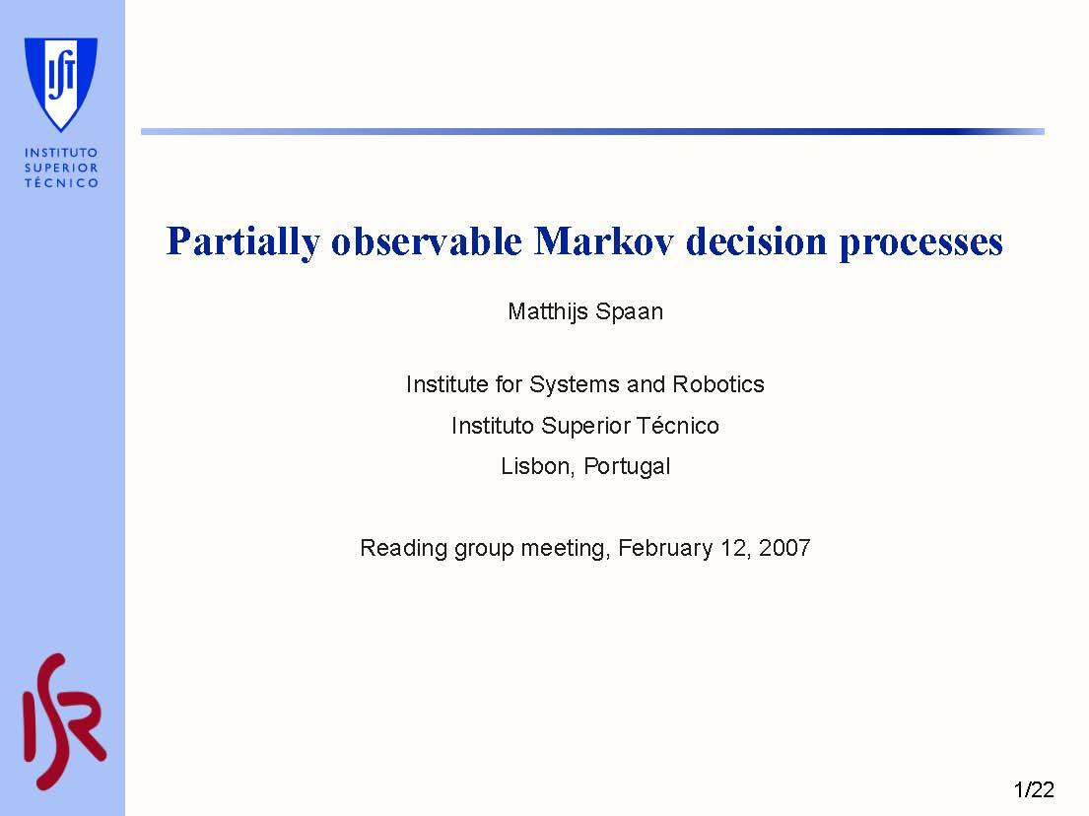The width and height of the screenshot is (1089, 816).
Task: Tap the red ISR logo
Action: click(x=63, y=721)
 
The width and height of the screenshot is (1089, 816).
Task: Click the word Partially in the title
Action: click(x=242, y=242)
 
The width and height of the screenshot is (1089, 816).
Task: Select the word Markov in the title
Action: click(x=603, y=241)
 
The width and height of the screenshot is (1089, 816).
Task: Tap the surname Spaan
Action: click(x=633, y=312)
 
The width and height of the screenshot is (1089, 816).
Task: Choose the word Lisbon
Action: click(x=537, y=467)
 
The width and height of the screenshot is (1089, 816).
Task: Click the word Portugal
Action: click(x=627, y=467)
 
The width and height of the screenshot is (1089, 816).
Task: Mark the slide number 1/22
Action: click(x=1033, y=789)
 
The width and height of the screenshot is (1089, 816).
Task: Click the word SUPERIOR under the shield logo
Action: click(x=61, y=168)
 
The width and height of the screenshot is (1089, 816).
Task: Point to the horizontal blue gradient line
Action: click(x=591, y=131)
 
